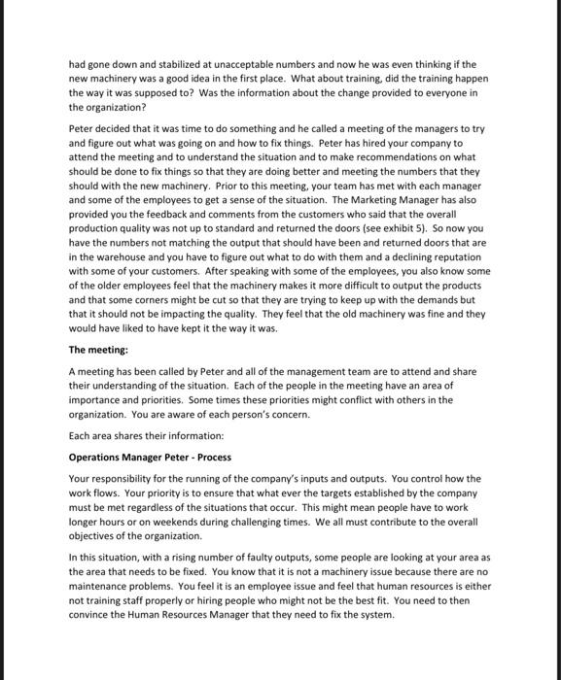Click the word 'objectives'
click(x=96, y=536)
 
